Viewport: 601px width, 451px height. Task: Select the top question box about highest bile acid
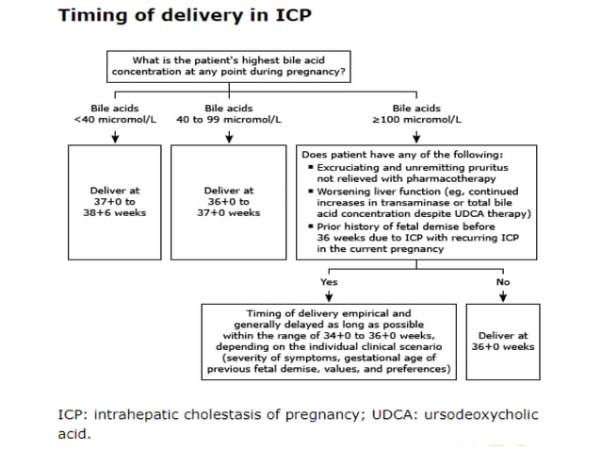pyautogui.click(x=228, y=65)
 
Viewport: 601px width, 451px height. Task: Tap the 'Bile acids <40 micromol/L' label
pyautogui.click(x=114, y=114)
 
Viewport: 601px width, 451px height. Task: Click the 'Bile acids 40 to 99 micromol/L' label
pyautogui.click(x=229, y=114)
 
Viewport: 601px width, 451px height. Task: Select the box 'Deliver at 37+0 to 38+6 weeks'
pyautogui.click(x=114, y=201)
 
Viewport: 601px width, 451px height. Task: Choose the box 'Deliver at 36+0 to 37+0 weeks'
pyautogui.click(x=229, y=201)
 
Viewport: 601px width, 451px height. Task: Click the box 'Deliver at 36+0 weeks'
pyautogui.click(x=504, y=341)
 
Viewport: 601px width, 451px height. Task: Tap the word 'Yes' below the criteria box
pyautogui.click(x=328, y=281)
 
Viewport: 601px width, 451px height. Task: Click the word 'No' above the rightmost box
pyautogui.click(x=503, y=281)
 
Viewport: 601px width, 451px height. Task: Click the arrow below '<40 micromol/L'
pyautogui.click(x=114, y=136)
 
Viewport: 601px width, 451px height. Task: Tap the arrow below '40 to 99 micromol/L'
pyautogui.click(x=229, y=136)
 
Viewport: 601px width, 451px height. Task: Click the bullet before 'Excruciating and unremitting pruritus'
pyautogui.click(x=310, y=167)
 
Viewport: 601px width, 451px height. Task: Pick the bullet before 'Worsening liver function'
pyautogui.click(x=310, y=191)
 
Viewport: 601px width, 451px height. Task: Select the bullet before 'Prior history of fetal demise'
pyautogui.click(x=310, y=226)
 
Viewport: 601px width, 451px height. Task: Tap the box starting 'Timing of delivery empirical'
pyautogui.click(x=328, y=342)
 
